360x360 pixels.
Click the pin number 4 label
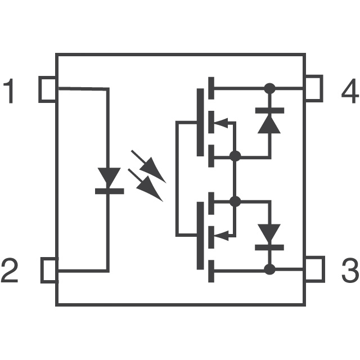[x=349, y=92]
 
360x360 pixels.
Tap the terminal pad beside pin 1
[x=48, y=89]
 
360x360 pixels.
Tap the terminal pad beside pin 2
[x=49, y=269]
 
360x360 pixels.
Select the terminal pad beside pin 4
[x=313, y=89]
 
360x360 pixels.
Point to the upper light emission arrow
[x=149, y=166]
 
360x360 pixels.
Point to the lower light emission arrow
[x=146, y=185]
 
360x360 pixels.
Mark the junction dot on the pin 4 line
[x=270, y=88]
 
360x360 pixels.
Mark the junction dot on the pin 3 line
[x=270, y=269]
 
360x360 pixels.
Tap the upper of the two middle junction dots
[x=235, y=156]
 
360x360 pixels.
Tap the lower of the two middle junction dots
[x=235, y=201]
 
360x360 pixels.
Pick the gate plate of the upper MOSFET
[x=201, y=122]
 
